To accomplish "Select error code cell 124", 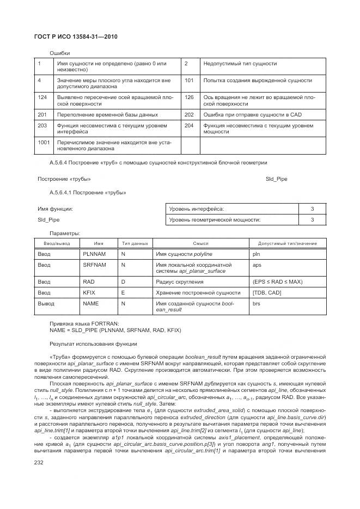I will tap(42, 97).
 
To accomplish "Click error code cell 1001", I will tap(44, 143).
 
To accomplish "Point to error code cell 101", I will tap(190, 80).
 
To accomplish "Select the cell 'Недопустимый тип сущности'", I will tap(240, 64).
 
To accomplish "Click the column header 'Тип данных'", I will tap(135, 243).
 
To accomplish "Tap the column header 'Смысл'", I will tap(200, 243).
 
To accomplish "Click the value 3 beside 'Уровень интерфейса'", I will tap(312, 209).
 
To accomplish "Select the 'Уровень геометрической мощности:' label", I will tap(207, 220).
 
